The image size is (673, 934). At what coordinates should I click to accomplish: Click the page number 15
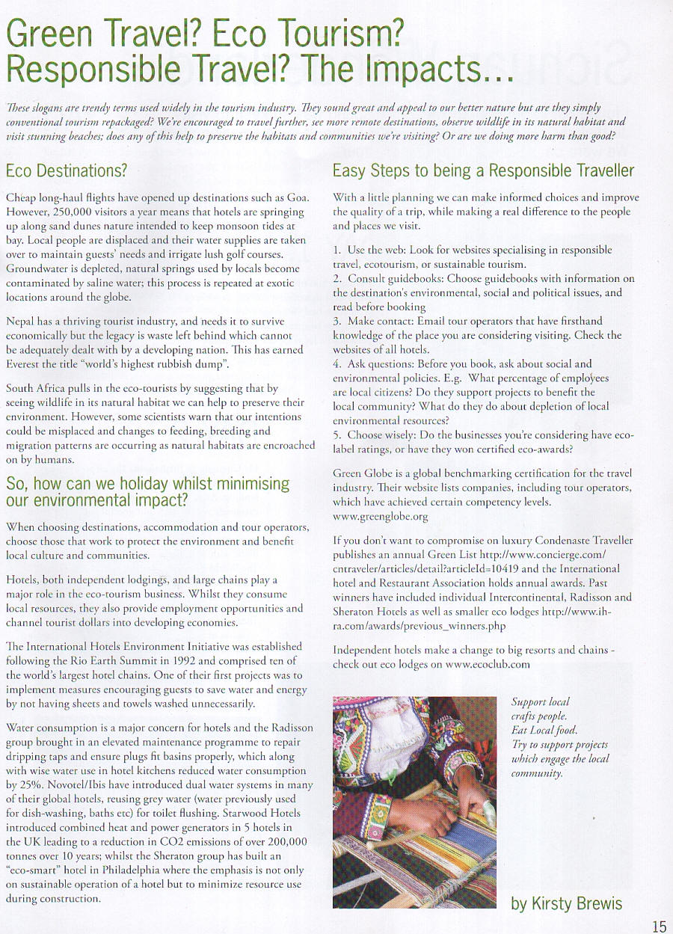pos(658,926)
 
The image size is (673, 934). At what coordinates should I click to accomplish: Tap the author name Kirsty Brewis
pos(566,903)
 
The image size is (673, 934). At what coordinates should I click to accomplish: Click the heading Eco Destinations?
pos(66,170)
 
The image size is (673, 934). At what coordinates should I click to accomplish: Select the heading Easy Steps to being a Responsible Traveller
pos(482,170)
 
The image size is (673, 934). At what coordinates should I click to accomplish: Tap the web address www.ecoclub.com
pos(488,664)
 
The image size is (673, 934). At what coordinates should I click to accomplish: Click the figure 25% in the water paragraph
pos(20,786)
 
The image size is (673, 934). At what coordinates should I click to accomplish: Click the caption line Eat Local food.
pos(544,730)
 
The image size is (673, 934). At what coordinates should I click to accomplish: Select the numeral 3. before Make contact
pos(337,321)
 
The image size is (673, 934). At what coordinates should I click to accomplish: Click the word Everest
pos(25,364)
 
